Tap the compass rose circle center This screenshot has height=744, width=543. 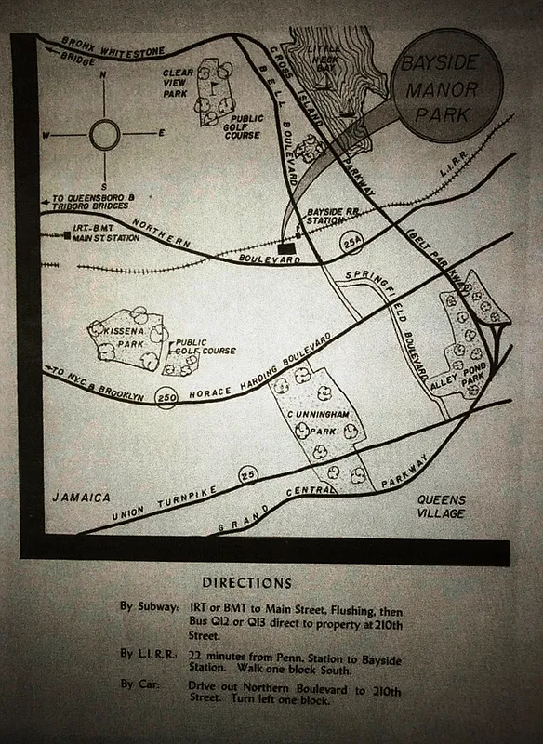pyautogui.click(x=104, y=136)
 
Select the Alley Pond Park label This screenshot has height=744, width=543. pyautogui.click(x=459, y=372)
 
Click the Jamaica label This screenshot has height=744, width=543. pyautogui.click(x=81, y=498)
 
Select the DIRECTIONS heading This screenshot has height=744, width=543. pyautogui.click(x=247, y=583)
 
